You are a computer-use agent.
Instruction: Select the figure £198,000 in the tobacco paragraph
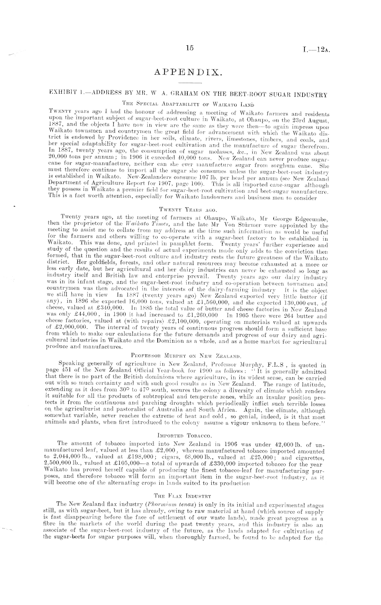137,458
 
